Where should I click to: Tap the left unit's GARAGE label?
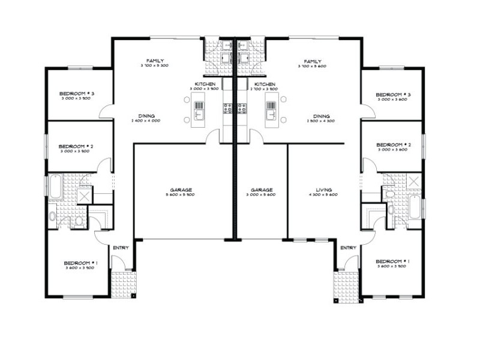[180, 189]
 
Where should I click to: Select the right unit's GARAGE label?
[262, 189]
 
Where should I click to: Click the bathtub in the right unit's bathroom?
[414, 210]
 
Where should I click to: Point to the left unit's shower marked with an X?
[85, 196]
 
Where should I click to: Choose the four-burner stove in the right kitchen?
[243, 109]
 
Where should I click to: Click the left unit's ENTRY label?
[120, 247]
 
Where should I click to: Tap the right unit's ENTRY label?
[348, 247]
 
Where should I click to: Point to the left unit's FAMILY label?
[155, 61]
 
